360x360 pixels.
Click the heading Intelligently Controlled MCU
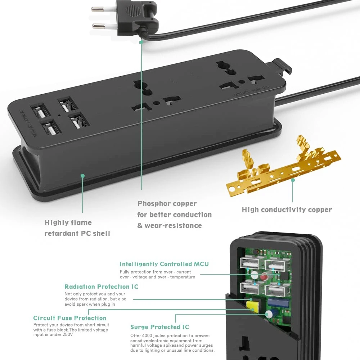tap(164, 264)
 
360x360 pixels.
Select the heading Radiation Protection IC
tap(101, 287)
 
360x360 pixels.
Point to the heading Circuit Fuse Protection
tap(70, 318)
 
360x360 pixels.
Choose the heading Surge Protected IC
tap(159, 327)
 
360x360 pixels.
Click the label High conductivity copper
tap(287, 210)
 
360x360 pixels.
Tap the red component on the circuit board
tap(264, 278)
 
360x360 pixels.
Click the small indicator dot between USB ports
tap(59, 116)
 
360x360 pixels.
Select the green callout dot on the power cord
tap(141, 42)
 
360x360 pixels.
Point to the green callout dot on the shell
tap(82, 176)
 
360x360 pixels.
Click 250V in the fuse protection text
tap(67, 335)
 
